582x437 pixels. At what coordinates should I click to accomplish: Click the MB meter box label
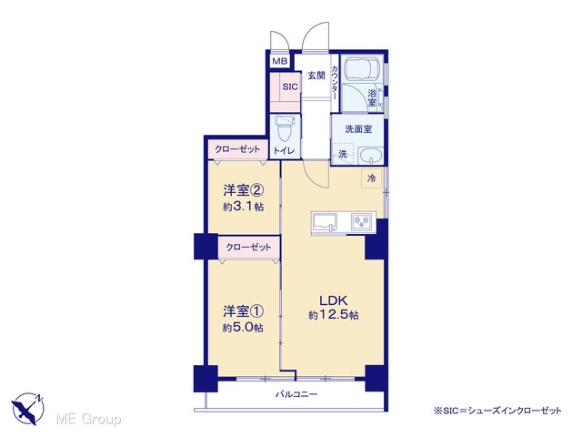coord(279,61)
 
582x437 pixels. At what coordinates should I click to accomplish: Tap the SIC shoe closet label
coord(290,86)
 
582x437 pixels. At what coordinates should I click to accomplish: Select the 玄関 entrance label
coord(316,76)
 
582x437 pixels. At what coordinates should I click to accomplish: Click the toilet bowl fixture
coord(285,128)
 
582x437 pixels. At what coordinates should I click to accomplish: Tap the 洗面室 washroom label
coord(358,129)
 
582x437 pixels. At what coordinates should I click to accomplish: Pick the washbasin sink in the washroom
coord(371,156)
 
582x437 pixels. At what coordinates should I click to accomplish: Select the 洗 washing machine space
coord(344,154)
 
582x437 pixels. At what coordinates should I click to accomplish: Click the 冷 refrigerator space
coord(371,178)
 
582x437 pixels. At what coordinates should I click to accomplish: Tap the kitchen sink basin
coord(325,222)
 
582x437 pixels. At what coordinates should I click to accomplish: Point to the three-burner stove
coord(361,222)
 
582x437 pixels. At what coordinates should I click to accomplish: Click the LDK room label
coord(334,300)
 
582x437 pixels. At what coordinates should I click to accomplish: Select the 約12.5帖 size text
coord(334,315)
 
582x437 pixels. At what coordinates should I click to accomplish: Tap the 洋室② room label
coord(244,190)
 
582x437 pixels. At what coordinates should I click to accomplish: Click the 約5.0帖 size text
coord(244,328)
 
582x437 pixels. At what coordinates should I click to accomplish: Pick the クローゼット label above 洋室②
coord(237,149)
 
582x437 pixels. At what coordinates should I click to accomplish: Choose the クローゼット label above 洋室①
coord(248,247)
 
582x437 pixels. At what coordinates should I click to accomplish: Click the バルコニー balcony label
coord(296,394)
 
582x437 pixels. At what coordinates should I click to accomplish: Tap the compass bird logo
coord(28,409)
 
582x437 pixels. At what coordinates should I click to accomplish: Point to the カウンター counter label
coord(335,83)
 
